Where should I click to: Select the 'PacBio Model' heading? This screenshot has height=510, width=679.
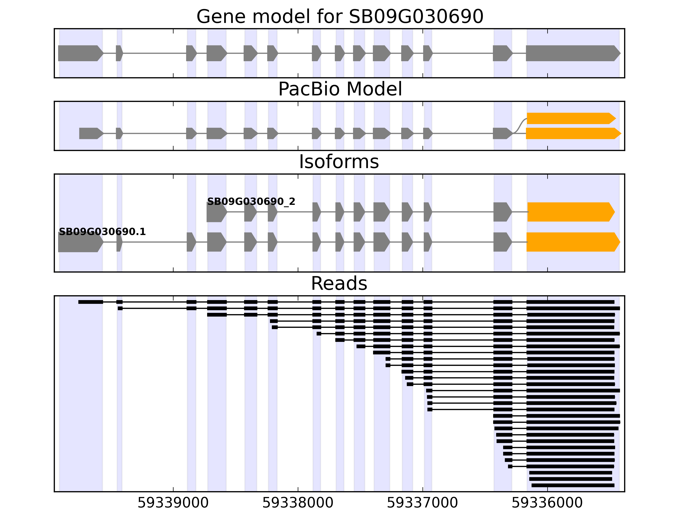coord(339,89)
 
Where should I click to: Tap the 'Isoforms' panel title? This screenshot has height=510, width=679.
coord(339,162)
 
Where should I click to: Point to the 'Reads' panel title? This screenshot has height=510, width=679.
coord(339,283)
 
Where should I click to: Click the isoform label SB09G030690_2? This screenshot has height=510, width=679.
coord(251,202)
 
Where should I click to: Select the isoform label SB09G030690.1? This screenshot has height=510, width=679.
coord(102,232)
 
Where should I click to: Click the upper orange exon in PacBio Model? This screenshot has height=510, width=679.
coord(570,118)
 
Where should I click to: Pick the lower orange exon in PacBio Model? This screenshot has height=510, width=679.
coord(571,133)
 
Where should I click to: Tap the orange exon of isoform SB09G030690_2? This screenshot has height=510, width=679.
coord(570,212)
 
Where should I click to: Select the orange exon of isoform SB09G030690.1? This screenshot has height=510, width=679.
coord(571,242)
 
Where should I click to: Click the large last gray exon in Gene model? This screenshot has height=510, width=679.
coord(571,53)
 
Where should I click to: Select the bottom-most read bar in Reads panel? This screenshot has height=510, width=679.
coord(573,485)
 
